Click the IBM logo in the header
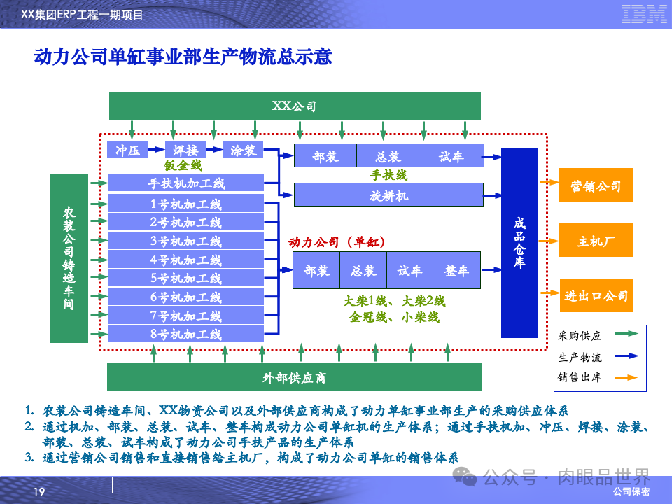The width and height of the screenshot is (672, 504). [643, 13]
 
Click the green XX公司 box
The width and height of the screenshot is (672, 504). [295, 106]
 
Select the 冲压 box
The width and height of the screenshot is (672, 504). [128, 150]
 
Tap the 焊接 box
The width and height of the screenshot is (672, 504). [185, 150]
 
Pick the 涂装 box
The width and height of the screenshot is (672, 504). [243, 150]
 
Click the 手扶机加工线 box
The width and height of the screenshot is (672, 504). [185, 183]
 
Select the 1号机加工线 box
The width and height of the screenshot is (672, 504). [185, 204]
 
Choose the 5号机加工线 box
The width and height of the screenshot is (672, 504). [185, 279]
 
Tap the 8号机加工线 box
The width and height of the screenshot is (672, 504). [185, 335]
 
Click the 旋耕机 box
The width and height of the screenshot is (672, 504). [388, 195]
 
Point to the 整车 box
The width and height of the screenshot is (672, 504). [456, 271]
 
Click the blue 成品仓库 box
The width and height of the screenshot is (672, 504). [519, 242]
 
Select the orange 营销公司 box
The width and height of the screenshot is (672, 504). [596, 185]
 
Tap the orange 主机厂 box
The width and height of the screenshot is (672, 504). [596, 241]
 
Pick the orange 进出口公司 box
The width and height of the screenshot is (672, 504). [596, 295]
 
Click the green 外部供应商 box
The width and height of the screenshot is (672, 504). [294, 378]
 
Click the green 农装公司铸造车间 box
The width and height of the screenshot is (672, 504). [69, 258]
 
